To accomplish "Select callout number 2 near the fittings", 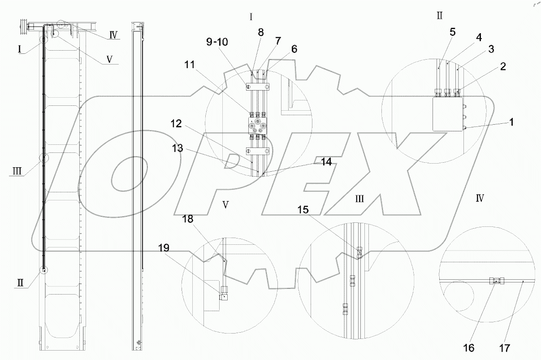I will pos(503,67).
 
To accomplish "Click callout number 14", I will pos(326,162).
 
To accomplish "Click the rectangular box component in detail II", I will pos(448,114).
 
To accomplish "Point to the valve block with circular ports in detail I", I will pos(257,126).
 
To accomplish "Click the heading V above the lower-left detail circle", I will pos(226,204).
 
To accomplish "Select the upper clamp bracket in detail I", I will pos(257,86).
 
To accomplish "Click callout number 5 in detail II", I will pos(452,32).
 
